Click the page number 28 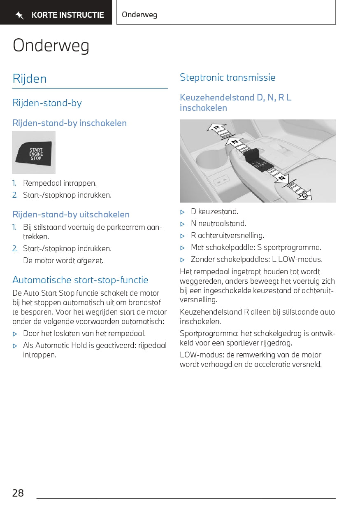18,493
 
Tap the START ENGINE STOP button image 34,153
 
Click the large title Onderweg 51,45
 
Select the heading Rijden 30,79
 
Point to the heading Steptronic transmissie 228,77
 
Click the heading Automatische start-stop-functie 80,280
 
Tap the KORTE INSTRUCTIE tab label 68,15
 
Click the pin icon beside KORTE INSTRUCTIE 19,16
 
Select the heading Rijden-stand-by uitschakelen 71,215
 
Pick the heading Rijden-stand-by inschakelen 70,123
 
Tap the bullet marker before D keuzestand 183,212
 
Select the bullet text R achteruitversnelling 227,236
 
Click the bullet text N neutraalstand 218,224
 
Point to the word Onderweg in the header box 139,15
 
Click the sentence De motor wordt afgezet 63,261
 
